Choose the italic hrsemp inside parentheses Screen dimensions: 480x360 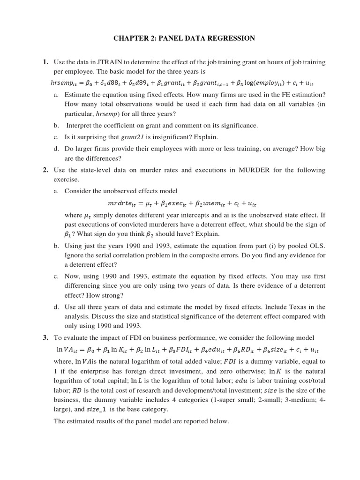pos(107,114)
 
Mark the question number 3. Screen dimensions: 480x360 pos(45,337)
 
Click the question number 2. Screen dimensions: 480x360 pos(45,170)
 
